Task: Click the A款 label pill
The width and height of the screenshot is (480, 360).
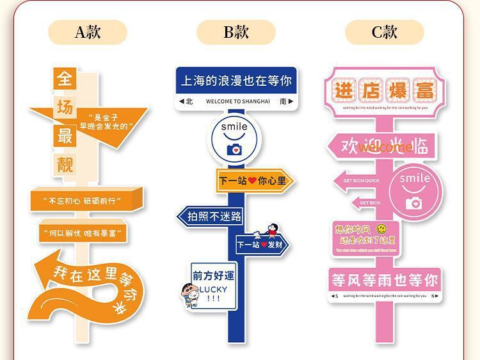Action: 88,32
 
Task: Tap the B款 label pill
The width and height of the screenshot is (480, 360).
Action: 236,32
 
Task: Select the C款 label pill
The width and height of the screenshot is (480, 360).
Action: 384,32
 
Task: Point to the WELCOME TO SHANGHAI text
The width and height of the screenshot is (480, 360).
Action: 237,101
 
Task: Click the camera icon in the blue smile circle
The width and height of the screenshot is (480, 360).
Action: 234,150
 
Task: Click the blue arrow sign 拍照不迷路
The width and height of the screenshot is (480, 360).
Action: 211,217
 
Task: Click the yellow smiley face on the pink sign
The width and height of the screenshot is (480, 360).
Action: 381,228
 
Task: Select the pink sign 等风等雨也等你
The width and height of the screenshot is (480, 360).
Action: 384,280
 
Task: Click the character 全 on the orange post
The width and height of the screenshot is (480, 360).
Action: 65,78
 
